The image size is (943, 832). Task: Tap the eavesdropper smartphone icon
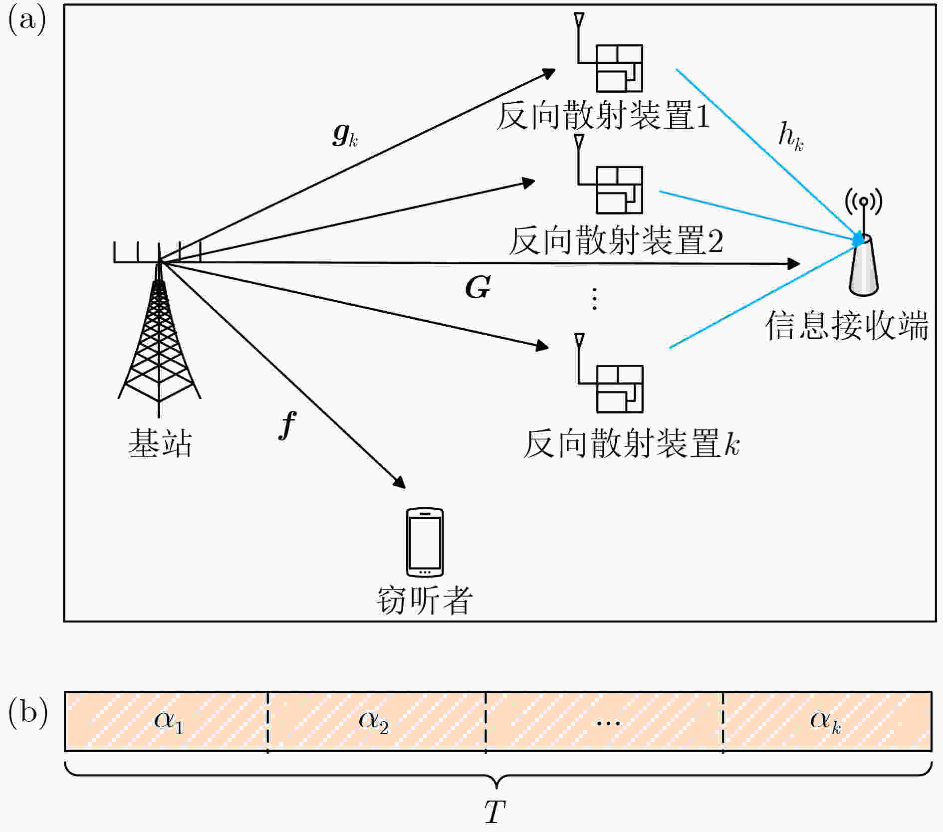(x=425, y=542)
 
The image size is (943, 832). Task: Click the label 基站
(x=160, y=443)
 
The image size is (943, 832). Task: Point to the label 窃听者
(x=425, y=600)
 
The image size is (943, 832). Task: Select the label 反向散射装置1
(x=603, y=115)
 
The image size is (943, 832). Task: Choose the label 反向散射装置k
(x=631, y=443)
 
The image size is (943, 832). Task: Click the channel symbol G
(x=477, y=288)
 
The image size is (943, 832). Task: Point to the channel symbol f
(x=287, y=425)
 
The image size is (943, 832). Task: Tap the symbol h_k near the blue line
(x=791, y=137)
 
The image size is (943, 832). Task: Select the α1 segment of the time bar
(x=166, y=721)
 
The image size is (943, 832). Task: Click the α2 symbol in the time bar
(x=373, y=722)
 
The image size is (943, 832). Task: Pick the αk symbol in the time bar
(x=826, y=722)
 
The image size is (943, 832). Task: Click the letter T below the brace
(x=495, y=812)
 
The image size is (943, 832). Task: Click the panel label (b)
(x=28, y=713)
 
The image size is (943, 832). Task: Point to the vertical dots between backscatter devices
(x=594, y=299)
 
